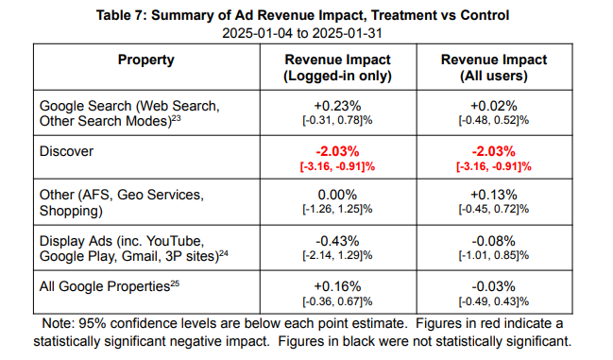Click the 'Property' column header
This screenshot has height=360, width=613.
coord(145,60)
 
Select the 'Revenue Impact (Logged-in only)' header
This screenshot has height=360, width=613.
coord(338,68)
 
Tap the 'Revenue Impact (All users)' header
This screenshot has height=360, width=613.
coord(494,68)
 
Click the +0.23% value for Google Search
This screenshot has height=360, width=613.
coord(338,106)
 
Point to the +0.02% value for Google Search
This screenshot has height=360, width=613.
coord(494,106)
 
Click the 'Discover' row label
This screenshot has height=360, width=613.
coord(66,151)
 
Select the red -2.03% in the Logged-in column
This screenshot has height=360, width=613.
coord(338,151)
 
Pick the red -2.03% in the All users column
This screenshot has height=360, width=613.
coord(494,151)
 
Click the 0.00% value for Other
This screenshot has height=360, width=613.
coord(337,195)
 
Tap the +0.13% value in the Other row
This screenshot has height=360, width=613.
coord(494,195)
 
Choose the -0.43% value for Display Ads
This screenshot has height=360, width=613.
coord(338,241)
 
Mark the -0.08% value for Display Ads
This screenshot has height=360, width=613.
coord(494,241)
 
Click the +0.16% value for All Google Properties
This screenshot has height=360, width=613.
coord(338,286)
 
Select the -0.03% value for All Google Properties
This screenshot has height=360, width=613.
coord(494,286)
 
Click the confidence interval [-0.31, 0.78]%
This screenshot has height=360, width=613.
coord(337,120)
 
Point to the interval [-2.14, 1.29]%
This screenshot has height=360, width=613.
coord(337,256)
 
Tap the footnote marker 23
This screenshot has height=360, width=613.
coord(177,117)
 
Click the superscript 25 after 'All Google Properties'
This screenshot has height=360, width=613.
coord(175,283)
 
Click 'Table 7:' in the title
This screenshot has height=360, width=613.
coord(122,15)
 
